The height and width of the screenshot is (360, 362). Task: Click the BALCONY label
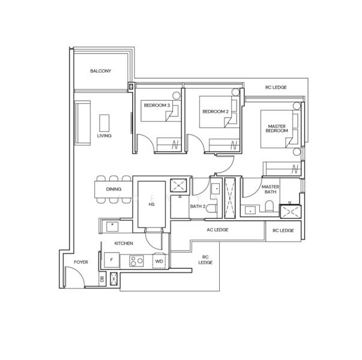(x=101, y=71)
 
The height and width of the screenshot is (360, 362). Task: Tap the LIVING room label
(x=104, y=136)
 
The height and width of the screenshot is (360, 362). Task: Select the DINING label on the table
(x=113, y=190)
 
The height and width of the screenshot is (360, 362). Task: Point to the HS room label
(x=151, y=205)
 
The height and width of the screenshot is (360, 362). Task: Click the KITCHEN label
(x=124, y=244)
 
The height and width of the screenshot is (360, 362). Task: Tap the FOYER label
(x=81, y=263)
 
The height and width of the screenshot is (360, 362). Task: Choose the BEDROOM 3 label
(x=157, y=106)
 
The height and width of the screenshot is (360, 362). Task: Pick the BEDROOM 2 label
(x=216, y=112)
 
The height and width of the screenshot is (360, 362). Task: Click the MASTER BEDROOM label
(x=277, y=128)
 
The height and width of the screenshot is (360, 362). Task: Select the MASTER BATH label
(x=271, y=190)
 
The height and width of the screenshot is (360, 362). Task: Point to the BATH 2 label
(x=198, y=206)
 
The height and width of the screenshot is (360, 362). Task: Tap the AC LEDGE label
(x=217, y=230)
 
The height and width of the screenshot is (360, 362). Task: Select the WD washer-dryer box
(x=159, y=262)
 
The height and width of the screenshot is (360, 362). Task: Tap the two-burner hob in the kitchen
(x=136, y=261)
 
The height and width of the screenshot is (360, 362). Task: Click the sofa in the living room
(x=82, y=122)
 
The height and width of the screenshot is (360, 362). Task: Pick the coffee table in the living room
(x=104, y=124)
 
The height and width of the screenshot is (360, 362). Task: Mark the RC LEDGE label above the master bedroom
(x=276, y=88)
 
